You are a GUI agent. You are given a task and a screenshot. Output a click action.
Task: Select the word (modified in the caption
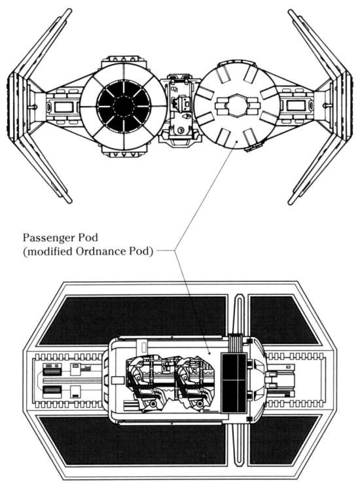pos(47,251)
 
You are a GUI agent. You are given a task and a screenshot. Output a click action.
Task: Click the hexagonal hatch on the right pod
pos(238,105)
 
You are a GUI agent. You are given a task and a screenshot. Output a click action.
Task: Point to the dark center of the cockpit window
pos(124,106)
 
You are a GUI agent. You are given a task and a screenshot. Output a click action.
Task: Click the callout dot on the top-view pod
pos(237,141)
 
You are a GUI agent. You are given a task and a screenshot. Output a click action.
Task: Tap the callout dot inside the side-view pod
pos(209,353)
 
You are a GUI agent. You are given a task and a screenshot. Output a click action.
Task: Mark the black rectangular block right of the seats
pos(234,383)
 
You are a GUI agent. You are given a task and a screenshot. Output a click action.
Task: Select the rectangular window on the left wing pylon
pos(63,107)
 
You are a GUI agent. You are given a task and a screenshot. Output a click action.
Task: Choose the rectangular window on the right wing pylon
pos(296,105)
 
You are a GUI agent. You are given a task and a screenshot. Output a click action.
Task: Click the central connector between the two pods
pos(179,108)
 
